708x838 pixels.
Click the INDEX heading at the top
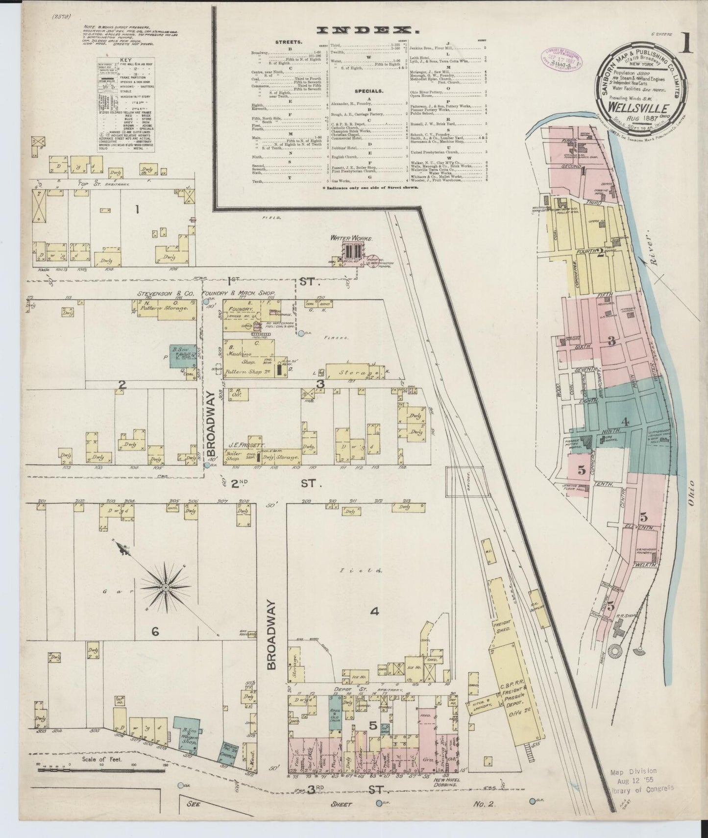coord(367,30)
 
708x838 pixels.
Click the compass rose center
coord(166,587)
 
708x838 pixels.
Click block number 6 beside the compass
coord(155,632)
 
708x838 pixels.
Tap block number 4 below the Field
coord(374,611)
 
